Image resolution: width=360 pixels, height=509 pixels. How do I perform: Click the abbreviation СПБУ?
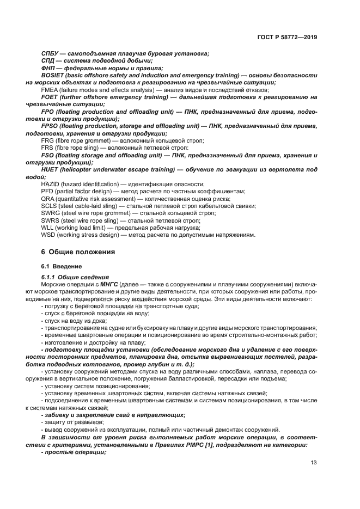pyautogui.click(x=51, y=53)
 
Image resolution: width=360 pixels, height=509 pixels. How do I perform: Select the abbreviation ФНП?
pyautogui.click(x=50, y=68)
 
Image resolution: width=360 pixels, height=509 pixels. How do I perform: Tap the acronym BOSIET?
pyautogui.click(x=54, y=75)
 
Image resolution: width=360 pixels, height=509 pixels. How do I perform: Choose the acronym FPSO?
pyautogui.click(x=51, y=126)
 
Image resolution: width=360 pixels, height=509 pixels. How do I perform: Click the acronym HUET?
pyautogui.click(x=51, y=170)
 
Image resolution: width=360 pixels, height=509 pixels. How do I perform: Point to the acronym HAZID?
pyautogui.click(x=52, y=184)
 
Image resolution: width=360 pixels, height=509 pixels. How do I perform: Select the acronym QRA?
pyautogui.click(x=48, y=199)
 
